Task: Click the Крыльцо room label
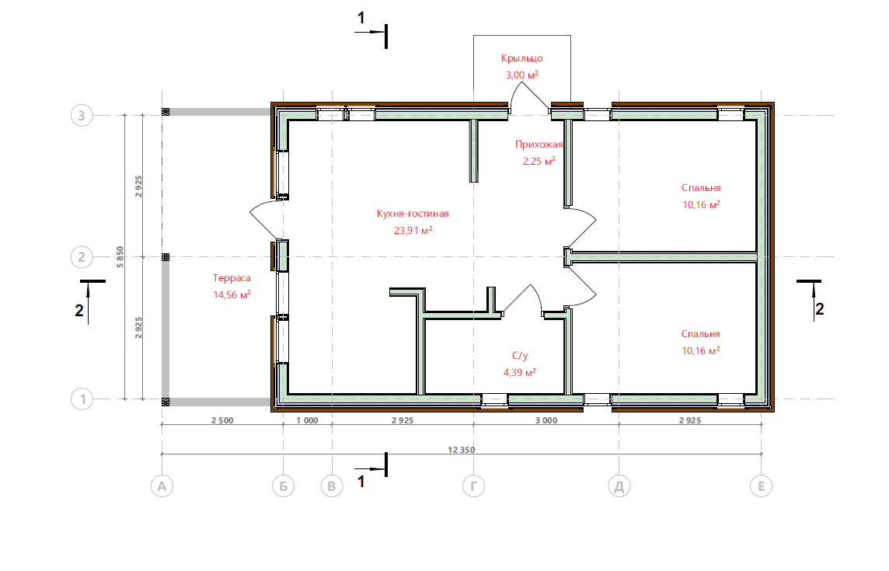(x=521, y=57)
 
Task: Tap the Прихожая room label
(x=539, y=144)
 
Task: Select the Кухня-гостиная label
(x=413, y=214)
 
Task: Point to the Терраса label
(x=232, y=278)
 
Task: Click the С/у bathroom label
(x=520, y=356)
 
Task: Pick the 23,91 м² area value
(x=413, y=230)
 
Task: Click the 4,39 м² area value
(x=519, y=373)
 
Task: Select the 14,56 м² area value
(x=232, y=295)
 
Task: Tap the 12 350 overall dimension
(x=462, y=450)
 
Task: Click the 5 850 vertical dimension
(x=120, y=257)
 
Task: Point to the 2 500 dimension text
(x=222, y=420)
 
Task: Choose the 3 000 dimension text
(x=546, y=420)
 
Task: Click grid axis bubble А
(x=162, y=486)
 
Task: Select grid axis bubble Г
(x=473, y=486)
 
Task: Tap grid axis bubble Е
(x=761, y=486)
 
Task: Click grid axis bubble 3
(x=82, y=116)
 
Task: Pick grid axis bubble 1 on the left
(x=82, y=399)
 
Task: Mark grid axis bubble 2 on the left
(x=82, y=257)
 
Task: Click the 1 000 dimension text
(x=307, y=420)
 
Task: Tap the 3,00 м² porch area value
(x=521, y=75)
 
